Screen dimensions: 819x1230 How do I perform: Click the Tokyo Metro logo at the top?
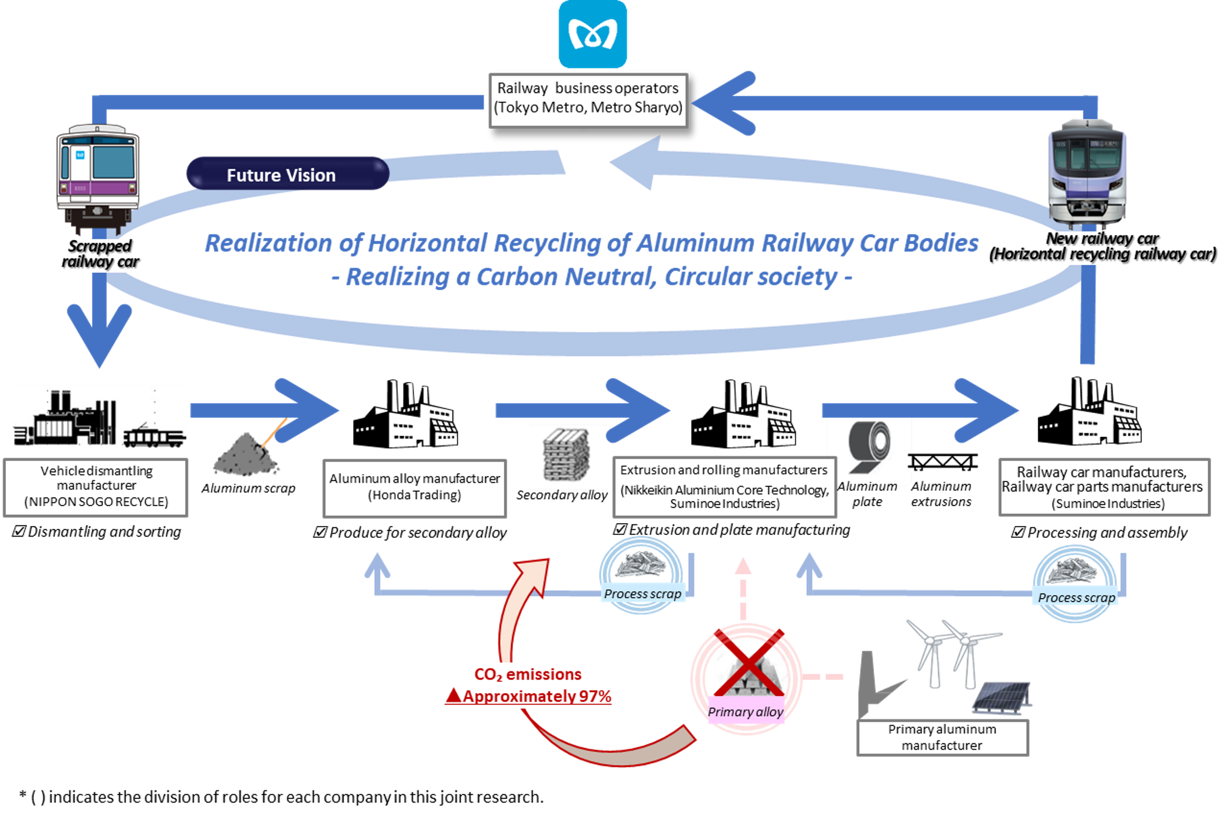click(x=592, y=34)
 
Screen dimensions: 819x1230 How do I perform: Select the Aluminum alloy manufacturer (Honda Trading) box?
click(x=415, y=487)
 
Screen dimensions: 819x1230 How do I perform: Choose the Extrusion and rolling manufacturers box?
click(x=724, y=487)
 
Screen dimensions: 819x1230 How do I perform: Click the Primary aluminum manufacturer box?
click(x=942, y=738)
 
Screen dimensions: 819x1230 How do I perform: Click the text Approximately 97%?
click(x=537, y=697)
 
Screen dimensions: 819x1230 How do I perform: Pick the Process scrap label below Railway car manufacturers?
click(x=1076, y=598)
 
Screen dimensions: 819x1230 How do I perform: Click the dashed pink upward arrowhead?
click(x=743, y=565)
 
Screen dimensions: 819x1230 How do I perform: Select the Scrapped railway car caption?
click(x=100, y=254)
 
